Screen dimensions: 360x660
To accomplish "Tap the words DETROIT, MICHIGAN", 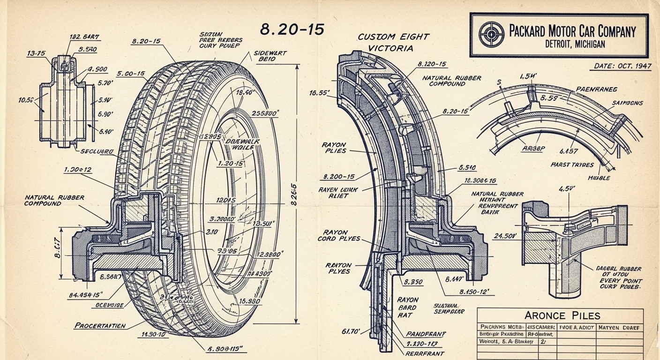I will pyautogui.click(x=575, y=44).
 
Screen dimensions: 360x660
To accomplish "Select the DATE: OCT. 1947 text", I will pyautogui.click(x=622, y=66).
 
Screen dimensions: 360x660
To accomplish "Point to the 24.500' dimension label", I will pyautogui.click(x=504, y=236).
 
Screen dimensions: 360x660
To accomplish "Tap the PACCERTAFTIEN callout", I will pyautogui.click(x=100, y=325).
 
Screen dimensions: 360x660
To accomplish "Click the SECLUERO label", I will pyautogui.click(x=97, y=151).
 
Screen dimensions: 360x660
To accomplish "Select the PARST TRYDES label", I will pyautogui.click(x=572, y=165).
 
